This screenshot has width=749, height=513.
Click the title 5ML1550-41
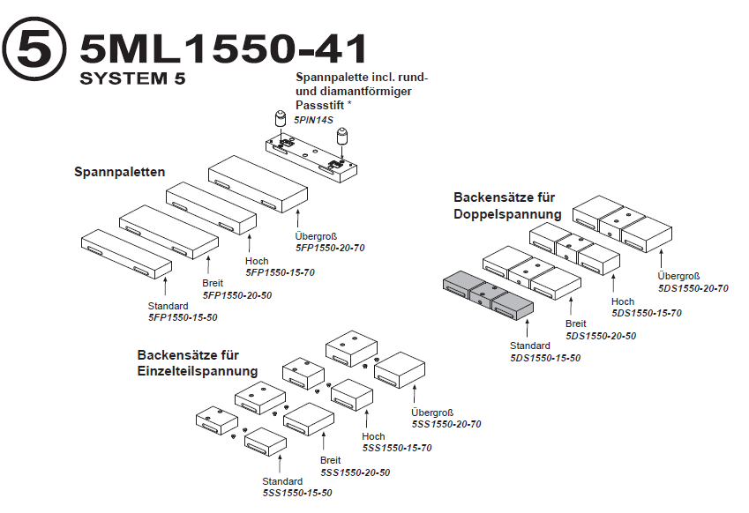point(222,49)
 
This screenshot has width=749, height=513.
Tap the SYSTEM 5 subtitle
point(132,79)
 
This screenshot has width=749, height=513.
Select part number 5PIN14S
point(314,118)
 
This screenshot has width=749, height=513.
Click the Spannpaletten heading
point(119,173)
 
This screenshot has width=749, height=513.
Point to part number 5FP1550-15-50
point(183,317)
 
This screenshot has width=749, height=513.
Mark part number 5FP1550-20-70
point(329,249)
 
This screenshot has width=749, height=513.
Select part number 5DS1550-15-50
point(545,358)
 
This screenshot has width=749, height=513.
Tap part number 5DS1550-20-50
point(601,336)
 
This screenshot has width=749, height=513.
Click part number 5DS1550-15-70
point(646,313)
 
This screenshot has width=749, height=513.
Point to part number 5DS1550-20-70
point(693,288)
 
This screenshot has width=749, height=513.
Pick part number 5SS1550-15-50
point(297,493)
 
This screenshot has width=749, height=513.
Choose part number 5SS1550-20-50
point(355,472)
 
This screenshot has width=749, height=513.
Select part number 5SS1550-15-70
point(396,448)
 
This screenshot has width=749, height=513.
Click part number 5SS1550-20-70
point(446,424)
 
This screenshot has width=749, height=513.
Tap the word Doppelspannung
point(507,214)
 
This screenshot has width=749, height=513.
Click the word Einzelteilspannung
point(198,371)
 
